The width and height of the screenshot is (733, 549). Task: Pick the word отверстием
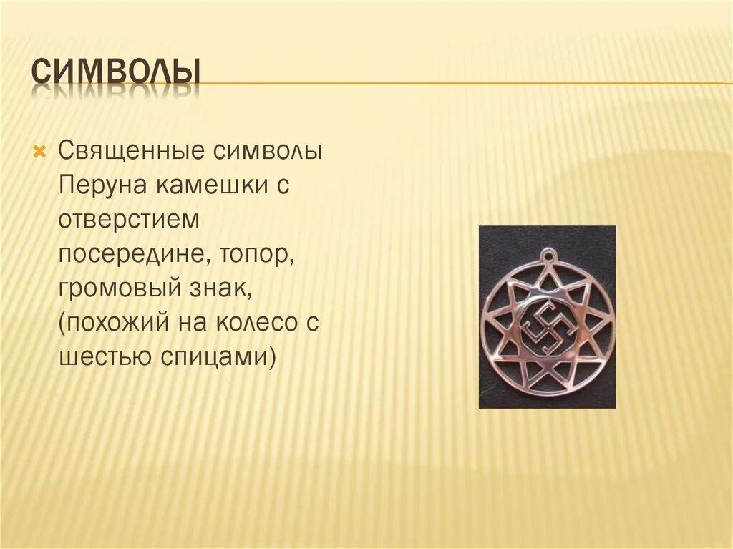[x=128, y=220]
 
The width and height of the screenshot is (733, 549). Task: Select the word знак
[x=220, y=289]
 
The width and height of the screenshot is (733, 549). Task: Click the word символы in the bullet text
[x=267, y=152]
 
